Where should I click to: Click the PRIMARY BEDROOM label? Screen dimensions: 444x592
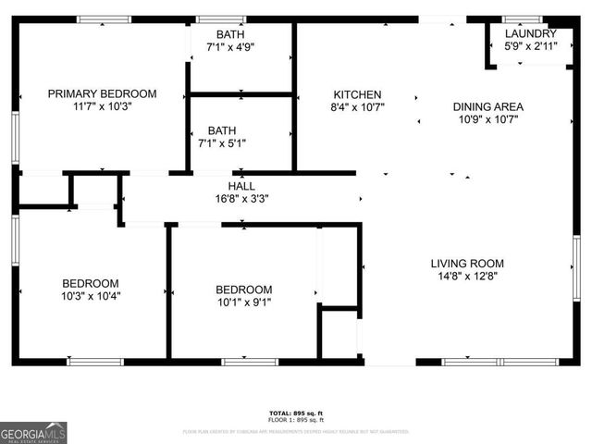click(102, 93)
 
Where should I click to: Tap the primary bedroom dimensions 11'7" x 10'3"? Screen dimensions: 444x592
click(102, 106)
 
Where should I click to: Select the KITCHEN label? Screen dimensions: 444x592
click(357, 94)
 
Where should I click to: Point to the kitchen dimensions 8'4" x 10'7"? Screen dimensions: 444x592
click(357, 107)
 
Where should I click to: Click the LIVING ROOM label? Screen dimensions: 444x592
click(467, 264)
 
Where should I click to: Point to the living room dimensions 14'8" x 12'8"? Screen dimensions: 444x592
click(467, 277)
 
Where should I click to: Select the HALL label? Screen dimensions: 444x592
click(241, 186)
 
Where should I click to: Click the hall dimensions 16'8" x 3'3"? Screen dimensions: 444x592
click(241, 198)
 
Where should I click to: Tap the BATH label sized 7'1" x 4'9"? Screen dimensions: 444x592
click(230, 34)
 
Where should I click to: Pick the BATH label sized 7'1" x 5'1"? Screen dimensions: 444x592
click(230, 130)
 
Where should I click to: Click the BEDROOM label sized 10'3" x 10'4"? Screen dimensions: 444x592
click(91, 283)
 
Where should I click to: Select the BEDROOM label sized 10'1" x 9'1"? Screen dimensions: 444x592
click(243, 289)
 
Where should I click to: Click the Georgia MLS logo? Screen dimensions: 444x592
click(33, 432)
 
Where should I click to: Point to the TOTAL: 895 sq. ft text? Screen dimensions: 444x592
click(296, 413)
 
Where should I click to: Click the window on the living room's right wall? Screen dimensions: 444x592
click(575, 268)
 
